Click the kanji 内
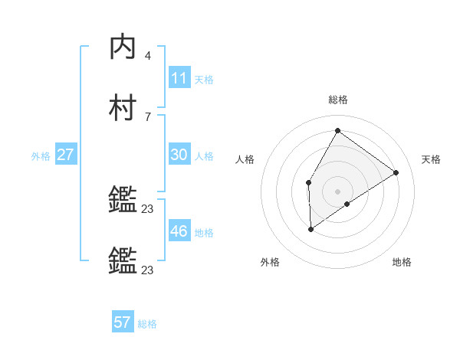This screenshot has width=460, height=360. pos(123,47)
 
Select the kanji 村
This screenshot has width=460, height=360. pos(123,108)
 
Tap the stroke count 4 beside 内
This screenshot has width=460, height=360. pos(148,56)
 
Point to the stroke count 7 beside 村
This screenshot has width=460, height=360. pos(148,116)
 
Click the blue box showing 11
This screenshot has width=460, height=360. pos(179,78)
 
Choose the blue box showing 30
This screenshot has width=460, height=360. pos(179,155)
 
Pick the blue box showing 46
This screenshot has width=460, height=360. pos(179,231)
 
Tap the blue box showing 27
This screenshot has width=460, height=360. pos(65,155)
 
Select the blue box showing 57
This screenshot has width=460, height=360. pos(123,322)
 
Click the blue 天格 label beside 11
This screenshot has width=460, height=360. pos(204,79)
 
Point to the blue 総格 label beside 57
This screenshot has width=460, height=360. pos(147,324)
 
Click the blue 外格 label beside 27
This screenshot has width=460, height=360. pos(41,155)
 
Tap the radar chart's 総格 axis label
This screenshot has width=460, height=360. pos(338,100)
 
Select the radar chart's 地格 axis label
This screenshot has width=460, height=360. pos(402,262)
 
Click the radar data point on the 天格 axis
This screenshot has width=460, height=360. pos(396,172)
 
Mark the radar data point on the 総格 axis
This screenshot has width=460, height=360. pos(337,130)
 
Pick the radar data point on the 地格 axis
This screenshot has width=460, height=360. pos(347,204)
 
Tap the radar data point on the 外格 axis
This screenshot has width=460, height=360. pos(310,228)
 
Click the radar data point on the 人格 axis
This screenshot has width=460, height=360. pos(308,182)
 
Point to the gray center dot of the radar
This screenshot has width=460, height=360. pos(337,191)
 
